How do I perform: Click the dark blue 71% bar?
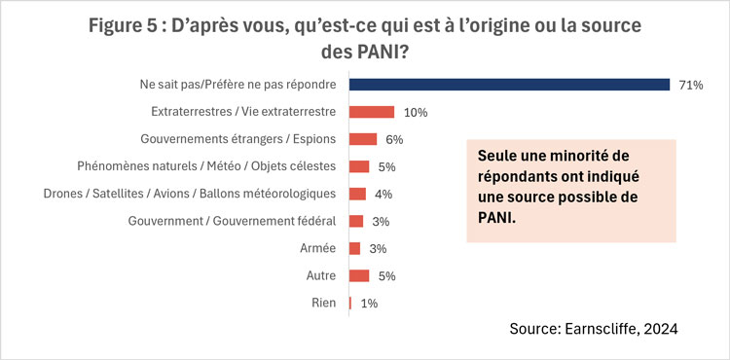click(509, 85)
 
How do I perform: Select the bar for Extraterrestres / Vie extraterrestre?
click(371, 112)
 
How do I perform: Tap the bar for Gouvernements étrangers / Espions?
click(362, 139)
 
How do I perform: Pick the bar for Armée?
click(354, 248)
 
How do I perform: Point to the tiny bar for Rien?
click(350, 303)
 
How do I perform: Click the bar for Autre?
click(359, 275)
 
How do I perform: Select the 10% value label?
click(416, 112)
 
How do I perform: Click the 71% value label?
click(690, 85)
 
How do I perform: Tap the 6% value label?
click(393, 139)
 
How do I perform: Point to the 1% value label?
click(368, 303)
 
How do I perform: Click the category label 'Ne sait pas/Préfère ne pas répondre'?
click(238, 85)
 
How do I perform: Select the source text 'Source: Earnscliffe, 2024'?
click(593, 330)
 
